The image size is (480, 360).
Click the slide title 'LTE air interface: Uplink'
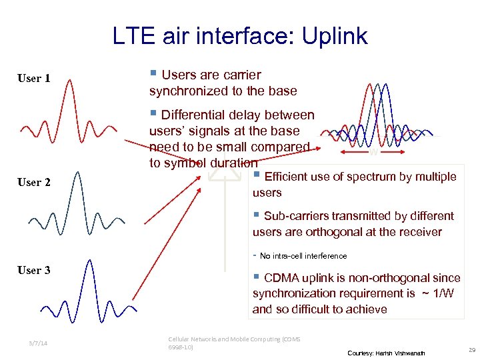click(x=240, y=36)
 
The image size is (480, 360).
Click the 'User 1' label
click(x=34, y=79)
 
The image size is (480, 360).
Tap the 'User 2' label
click(x=34, y=182)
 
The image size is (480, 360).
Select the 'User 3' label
click(x=34, y=270)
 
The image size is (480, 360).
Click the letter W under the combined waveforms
click(x=374, y=152)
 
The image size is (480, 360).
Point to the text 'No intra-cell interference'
click(x=303, y=256)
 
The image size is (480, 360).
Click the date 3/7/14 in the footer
click(x=39, y=343)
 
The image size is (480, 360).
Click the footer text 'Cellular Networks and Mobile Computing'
click(x=234, y=339)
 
